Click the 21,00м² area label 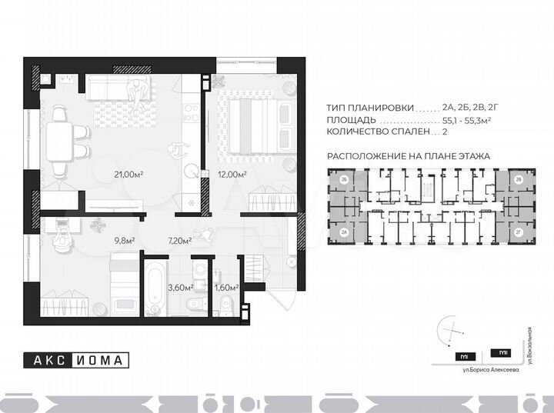coord(129,175)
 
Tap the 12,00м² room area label coord(231,175)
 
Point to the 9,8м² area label coord(125,241)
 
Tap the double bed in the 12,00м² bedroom coord(255,126)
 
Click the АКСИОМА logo coord(75,358)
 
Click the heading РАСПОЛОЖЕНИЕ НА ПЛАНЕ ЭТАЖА coord(409,155)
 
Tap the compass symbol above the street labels coord(451,331)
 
